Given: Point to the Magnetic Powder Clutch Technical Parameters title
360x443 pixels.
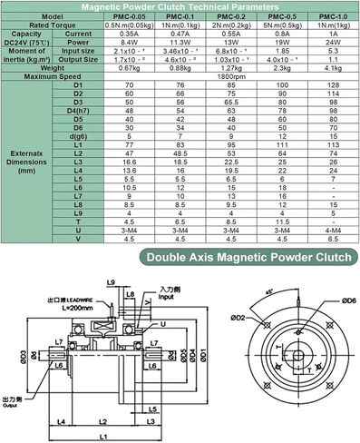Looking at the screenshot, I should [x=180, y=6].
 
